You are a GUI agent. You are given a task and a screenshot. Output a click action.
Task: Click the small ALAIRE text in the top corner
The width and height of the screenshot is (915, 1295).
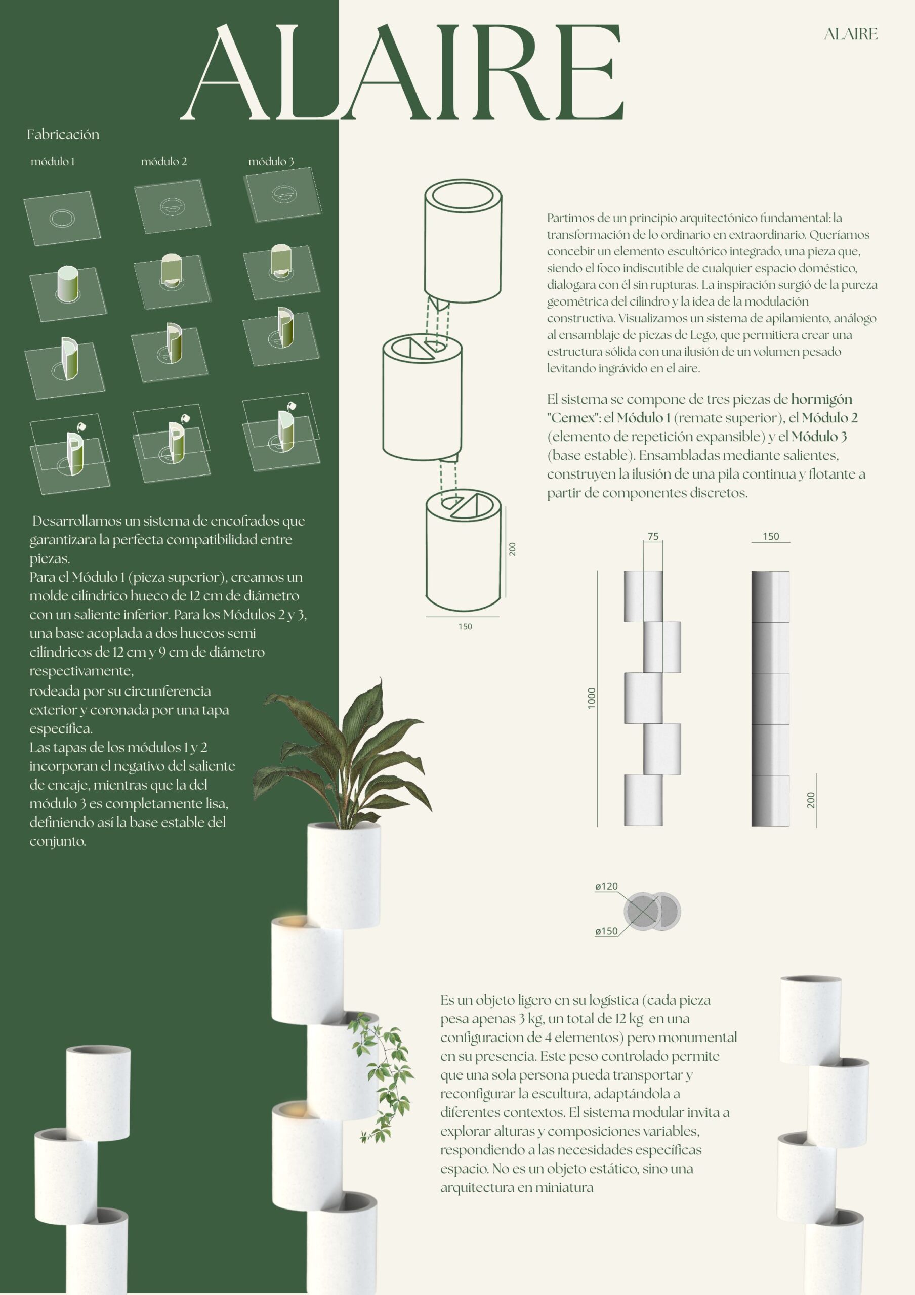850,34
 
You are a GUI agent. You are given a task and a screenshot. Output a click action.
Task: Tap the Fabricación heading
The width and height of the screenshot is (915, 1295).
63,134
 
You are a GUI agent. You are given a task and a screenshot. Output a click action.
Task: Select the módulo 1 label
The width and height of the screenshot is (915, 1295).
53,162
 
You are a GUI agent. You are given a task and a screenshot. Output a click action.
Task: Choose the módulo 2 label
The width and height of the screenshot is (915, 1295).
163,162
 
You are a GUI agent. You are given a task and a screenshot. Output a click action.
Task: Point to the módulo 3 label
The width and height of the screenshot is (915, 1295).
271,162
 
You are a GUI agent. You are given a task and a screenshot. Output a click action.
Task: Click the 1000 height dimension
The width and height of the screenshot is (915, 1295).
592,698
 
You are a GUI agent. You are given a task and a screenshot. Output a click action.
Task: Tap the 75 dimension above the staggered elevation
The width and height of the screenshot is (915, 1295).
653,536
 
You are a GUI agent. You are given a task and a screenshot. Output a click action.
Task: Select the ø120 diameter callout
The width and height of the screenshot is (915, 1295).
606,886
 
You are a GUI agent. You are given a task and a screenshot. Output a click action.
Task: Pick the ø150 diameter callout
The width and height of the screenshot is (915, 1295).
606,931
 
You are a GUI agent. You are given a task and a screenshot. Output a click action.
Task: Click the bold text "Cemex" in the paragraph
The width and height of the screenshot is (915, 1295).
572,418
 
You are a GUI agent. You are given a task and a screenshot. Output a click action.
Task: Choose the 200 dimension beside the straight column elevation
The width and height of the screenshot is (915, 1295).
811,800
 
